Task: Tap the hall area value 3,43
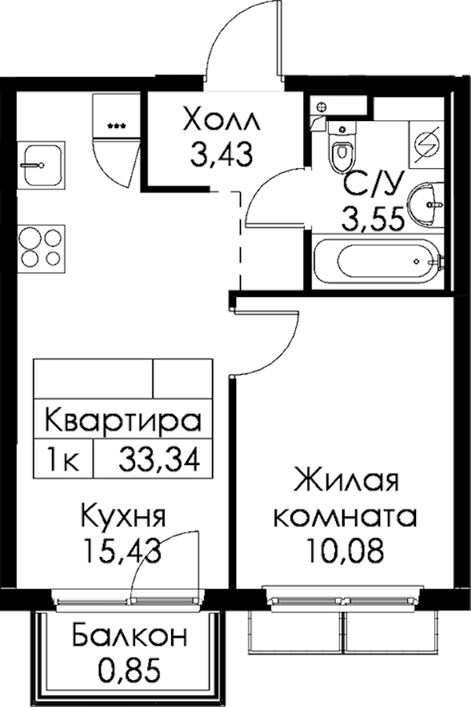[x=221, y=153]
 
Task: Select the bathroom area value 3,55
[x=373, y=220]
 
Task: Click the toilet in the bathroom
[x=341, y=147]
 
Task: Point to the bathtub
[x=388, y=261]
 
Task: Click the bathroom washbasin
[x=425, y=205]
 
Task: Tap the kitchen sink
[x=42, y=165]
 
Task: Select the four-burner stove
[x=41, y=249]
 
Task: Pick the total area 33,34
[x=159, y=460]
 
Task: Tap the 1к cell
[x=64, y=460]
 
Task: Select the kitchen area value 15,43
[x=123, y=551]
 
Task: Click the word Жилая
[x=346, y=482]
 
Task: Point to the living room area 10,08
[x=345, y=551]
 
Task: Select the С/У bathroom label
[x=372, y=185]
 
